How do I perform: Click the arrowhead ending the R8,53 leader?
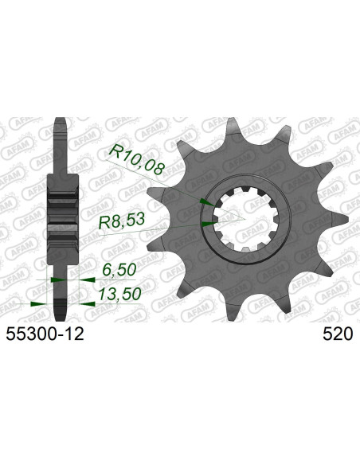pos(209,224)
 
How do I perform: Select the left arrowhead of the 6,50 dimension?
pos(56,279)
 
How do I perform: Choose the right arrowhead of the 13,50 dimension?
pos(84,303)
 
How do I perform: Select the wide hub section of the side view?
pos(64,215)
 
